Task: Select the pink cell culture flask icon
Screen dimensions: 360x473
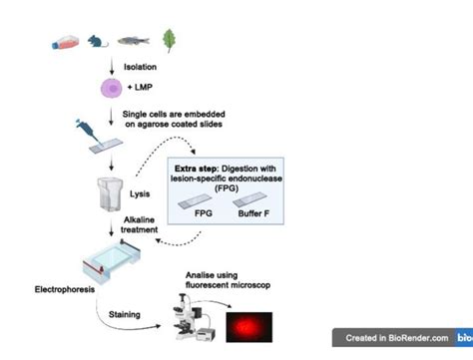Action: coord(62,43)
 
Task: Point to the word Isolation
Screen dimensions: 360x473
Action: coord(139,67)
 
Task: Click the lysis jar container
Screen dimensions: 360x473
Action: coord(112,189)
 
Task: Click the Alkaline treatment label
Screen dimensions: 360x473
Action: coord(140,223)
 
